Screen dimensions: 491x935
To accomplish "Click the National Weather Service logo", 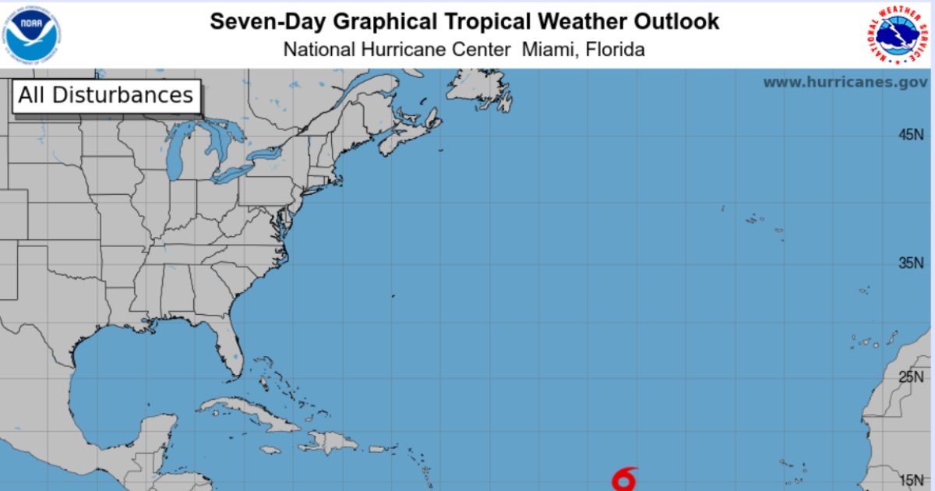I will [x=900, y=35].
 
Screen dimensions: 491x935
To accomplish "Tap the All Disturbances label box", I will [x=106, y=96].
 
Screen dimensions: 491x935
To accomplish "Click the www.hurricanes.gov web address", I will [x=845, y=82].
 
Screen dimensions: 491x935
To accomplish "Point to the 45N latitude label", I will [x=910, y=135].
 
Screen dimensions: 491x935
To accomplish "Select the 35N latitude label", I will [x=910, y=263].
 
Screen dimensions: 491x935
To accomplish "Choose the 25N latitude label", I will [x=910, y=378].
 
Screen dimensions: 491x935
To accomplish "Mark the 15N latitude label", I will [x=910, y=480].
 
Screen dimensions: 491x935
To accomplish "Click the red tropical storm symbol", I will [x=624, y=479].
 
